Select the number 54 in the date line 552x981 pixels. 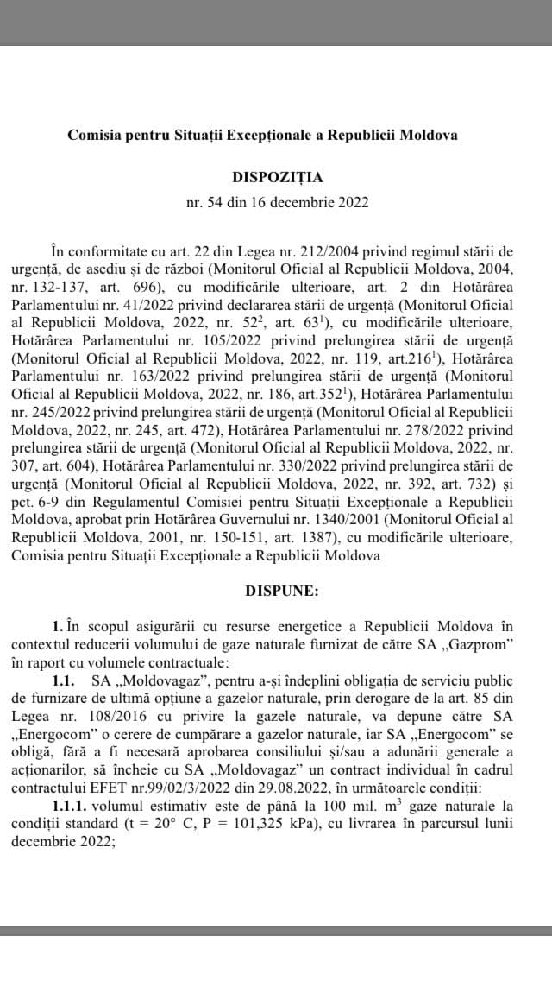click(x=216, y=203)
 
